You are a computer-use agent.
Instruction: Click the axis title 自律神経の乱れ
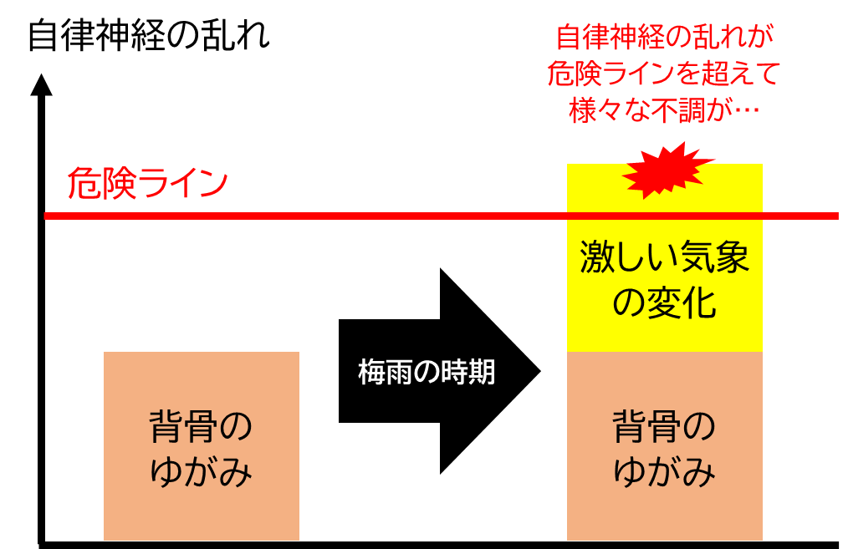148,37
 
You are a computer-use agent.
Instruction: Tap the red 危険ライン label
148,183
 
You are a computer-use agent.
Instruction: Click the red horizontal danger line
441,216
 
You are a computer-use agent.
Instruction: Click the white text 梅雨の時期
427,372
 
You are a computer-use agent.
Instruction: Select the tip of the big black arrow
539,371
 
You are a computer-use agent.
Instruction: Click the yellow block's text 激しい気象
665,257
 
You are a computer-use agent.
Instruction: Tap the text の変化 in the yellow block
665,302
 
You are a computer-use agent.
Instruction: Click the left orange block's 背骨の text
201,427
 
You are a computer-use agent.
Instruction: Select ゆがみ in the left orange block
201,471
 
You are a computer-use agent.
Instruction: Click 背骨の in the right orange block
665,427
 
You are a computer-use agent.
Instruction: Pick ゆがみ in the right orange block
665,471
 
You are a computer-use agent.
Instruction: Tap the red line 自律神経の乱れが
665,37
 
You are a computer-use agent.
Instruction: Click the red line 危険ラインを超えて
665,73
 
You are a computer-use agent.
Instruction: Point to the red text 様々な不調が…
665,110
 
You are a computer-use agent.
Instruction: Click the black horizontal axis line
438,545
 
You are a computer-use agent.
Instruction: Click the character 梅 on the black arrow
371,372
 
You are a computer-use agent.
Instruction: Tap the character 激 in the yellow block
597,257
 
